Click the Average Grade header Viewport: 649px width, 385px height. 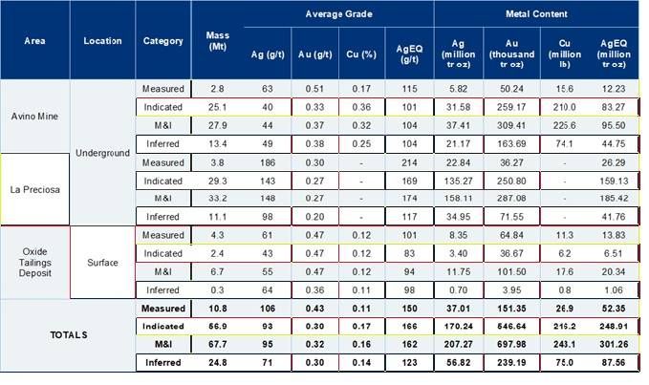click(330, 14)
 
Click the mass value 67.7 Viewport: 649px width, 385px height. click(218, 344)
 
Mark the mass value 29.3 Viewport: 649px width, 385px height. click(218, 180)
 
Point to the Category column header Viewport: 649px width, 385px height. click(163, 41)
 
